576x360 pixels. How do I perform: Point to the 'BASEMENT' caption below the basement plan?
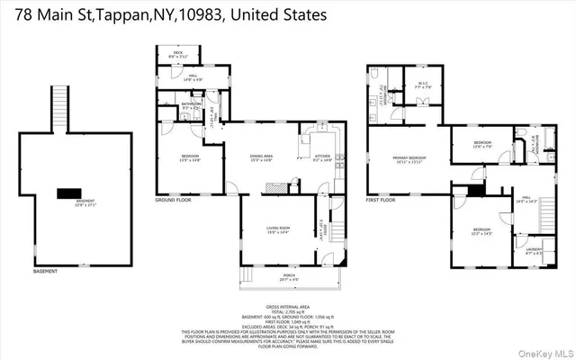pyautogui.click(x=45, y=271)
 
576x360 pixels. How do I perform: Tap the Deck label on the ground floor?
pyautogui.click(x=177, y=53)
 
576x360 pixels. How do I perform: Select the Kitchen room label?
pyautogui.click(x=322, y=158)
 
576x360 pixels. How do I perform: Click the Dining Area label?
pyautogui.click(x=262, y=158)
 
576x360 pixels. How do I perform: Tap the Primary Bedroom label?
pyautogui.click(x=409, y=158)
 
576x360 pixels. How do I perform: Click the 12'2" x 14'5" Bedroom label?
pyautogui.click(x=482, y=232)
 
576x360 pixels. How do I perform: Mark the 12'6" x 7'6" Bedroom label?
pyautogui.click(x=482, y=143)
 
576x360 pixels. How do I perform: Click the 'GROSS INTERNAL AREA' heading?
pyautogui.click(x=288, y=307)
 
